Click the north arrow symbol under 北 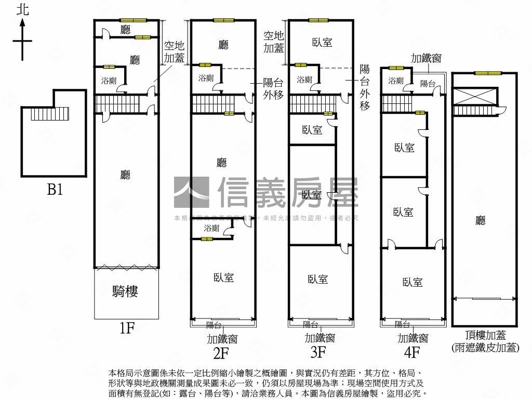(22, 40)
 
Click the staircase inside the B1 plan (50, 113)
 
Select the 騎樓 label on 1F (125, 291)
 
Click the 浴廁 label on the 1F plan (109, 81)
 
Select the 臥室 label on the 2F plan (223, 278)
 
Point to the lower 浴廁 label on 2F (211, 228)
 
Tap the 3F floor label (318, 353)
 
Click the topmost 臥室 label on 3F (322, 43)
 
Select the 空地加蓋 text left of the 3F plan (273, 42)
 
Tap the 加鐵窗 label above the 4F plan (426, 58)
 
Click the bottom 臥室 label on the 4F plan (412, 282)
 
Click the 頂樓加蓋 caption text (485, 336)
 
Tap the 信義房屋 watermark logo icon (191, 192)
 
